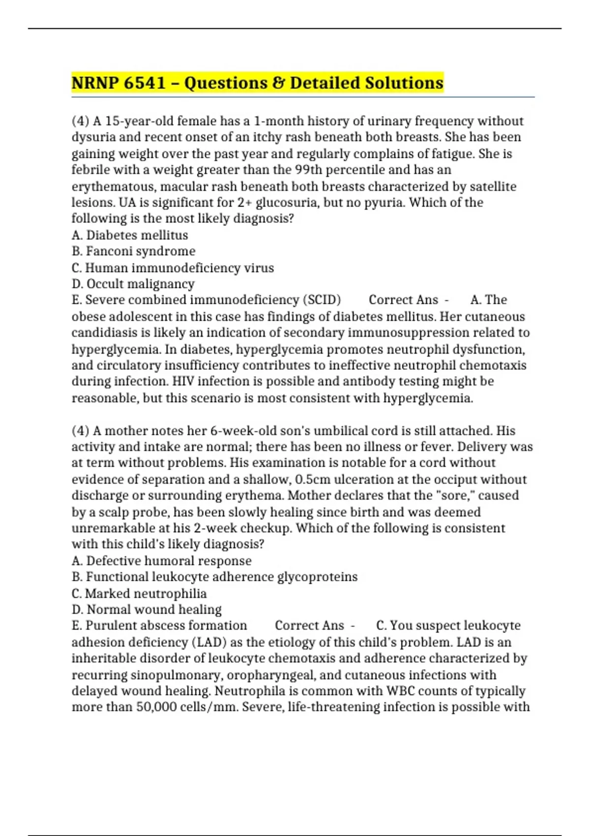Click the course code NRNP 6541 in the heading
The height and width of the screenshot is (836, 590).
[118, 83]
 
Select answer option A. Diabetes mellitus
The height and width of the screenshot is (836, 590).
[130, 235]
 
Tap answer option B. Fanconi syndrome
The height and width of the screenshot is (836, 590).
[133, 251]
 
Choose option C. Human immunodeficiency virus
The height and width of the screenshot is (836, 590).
[173, 268]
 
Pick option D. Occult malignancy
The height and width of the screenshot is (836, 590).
[133, 284]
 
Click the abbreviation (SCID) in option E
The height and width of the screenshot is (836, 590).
[322, 300]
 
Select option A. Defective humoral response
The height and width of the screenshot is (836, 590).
[161, 561]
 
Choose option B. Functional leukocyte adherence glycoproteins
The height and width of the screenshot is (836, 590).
[214, 577]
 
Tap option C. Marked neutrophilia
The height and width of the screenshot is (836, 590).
[139, 594]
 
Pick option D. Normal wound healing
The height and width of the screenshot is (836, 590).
[147, 610]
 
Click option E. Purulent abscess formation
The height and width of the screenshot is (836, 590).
[159, 626]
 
